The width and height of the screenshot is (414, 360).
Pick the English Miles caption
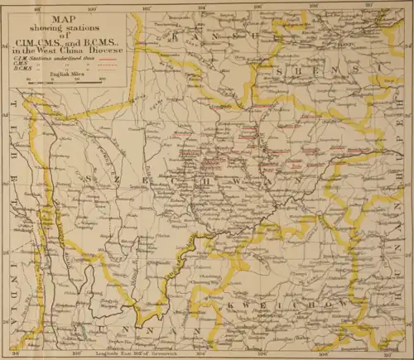pos(65,74)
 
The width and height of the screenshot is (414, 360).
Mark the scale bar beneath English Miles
pos(65,80)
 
